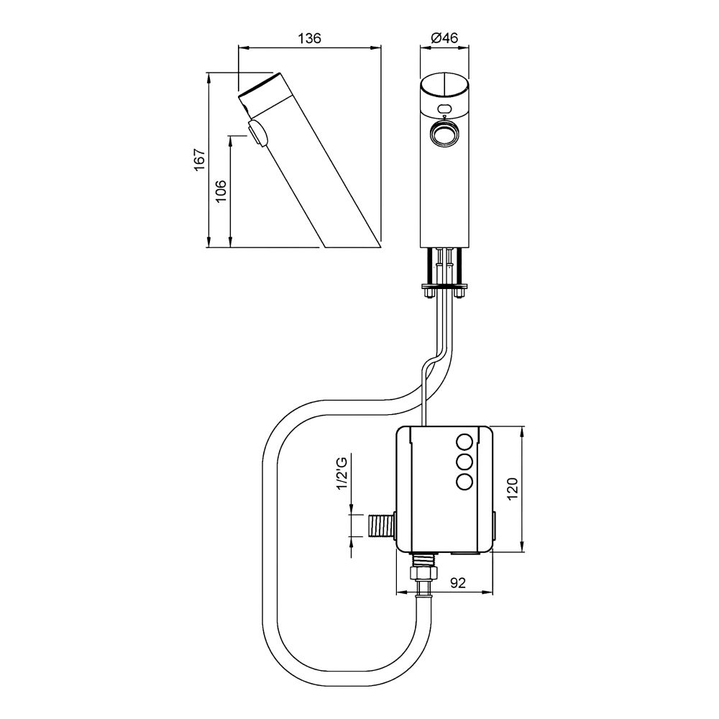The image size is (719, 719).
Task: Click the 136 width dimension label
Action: pyautogui.click(x=309, y=38)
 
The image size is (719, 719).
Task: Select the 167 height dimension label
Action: pyautogui.click(x=199, y=160)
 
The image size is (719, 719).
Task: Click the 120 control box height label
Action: pyautogui.click(x=512, y=489)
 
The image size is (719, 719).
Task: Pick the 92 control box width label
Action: pyautogui.click(x=457, y=582)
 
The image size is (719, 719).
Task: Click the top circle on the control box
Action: pyautogui.click(x=464, y=442)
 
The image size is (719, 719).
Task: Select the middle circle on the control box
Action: pyautogui.click(x=464, y=462)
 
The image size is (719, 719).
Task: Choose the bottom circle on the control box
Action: pyautogui.click(x=464, y=481)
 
